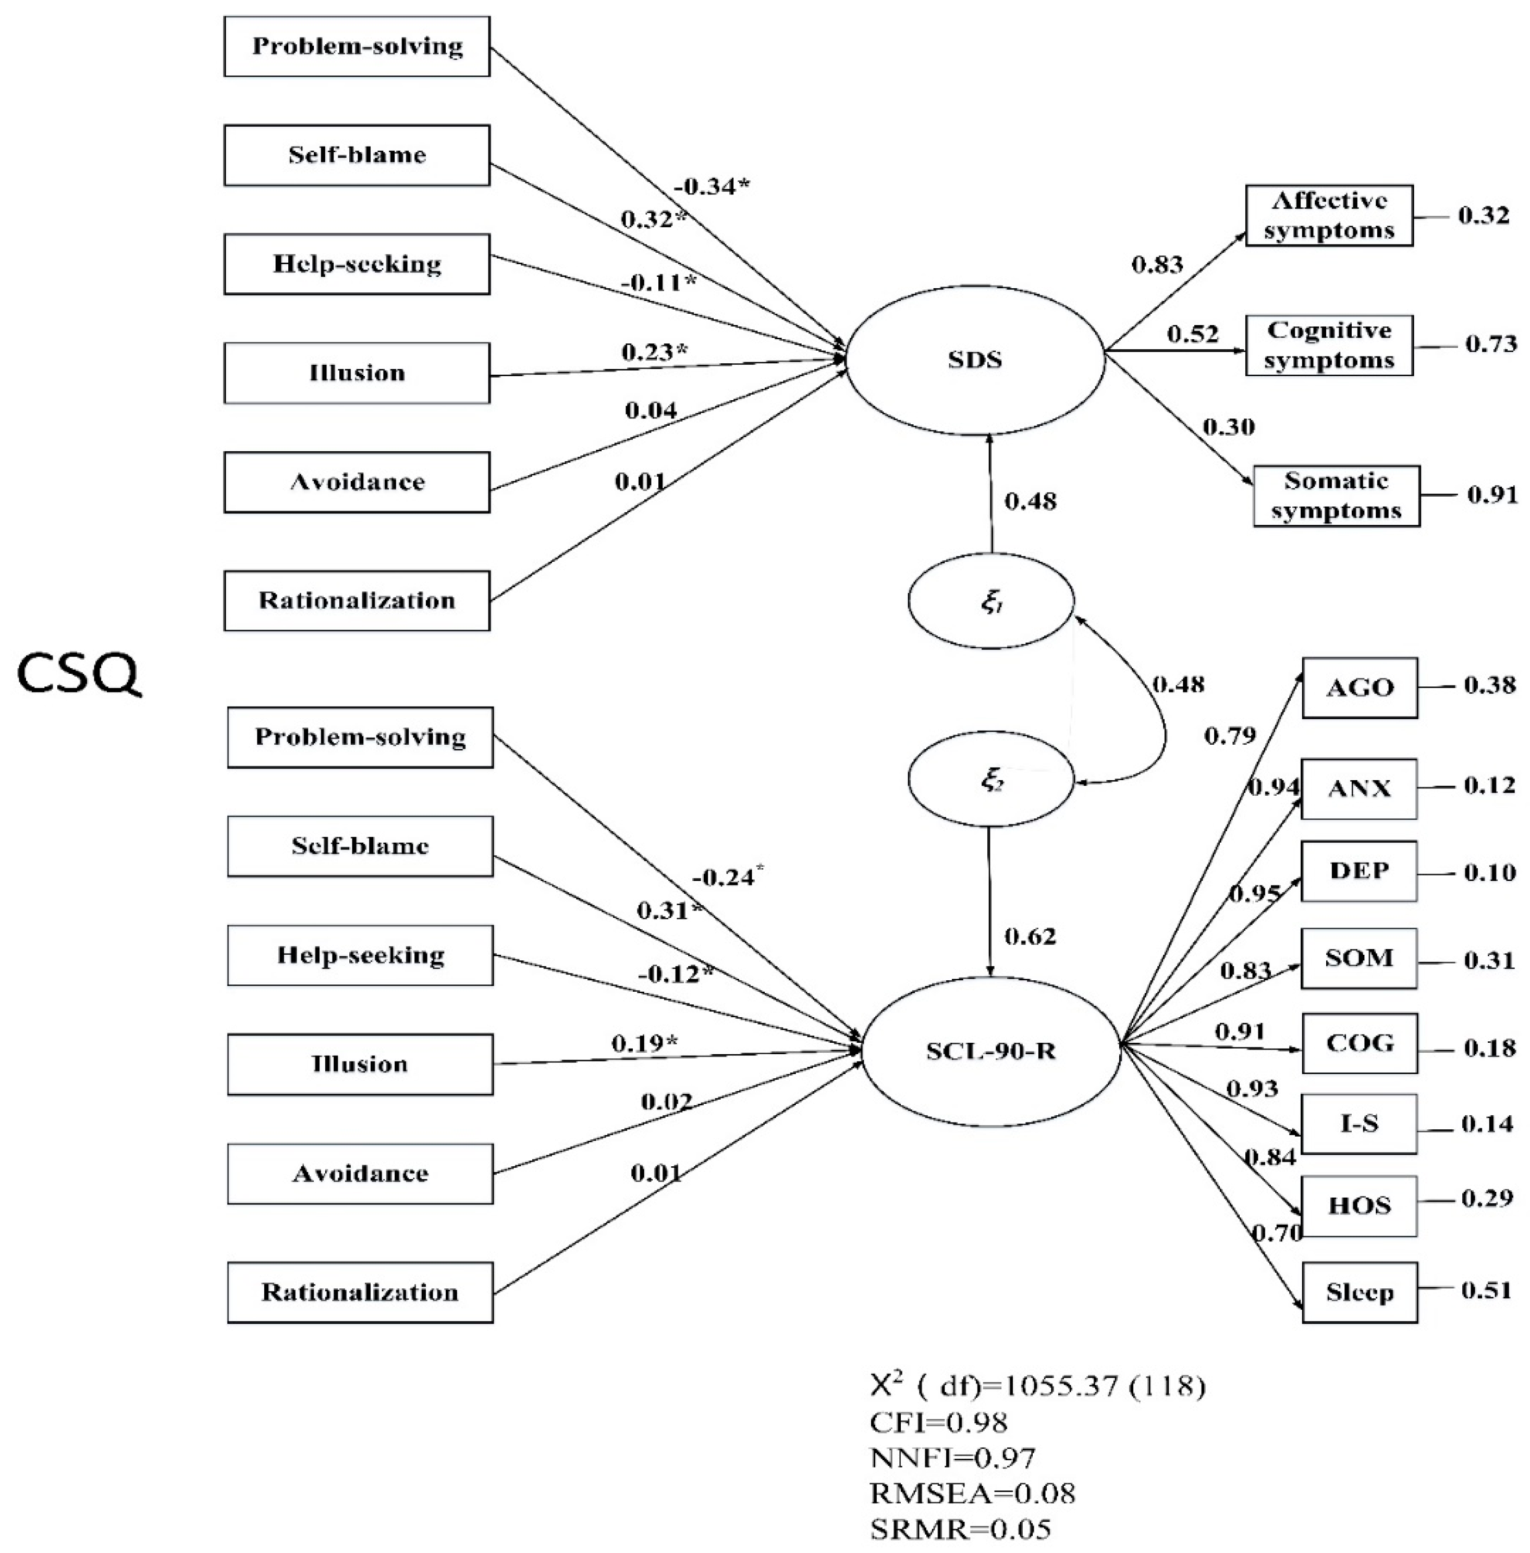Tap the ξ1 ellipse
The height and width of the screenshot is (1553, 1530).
point(991,601)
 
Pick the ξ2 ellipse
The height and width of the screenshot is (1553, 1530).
point(991,779)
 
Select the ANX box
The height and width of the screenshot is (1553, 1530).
point(1359,788)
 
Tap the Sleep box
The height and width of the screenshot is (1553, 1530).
point(1359,1292)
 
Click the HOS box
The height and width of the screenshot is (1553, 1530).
point(1359,1205)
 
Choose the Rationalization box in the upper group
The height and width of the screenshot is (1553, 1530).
point(357,600)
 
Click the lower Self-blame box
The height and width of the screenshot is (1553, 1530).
point(360,845)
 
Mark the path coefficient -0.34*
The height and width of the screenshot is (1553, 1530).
point(712,187)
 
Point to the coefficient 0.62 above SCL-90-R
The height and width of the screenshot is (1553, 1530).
point(1030,936)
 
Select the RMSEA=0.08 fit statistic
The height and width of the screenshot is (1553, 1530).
point(972,1493)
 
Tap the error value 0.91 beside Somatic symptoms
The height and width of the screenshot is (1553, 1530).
point(1492,495)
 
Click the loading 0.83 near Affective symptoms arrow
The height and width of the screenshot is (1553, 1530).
point(1157,264)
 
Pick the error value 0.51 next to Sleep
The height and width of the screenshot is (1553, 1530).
point(1487,1290)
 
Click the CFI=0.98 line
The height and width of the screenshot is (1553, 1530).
point(938,1422)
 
